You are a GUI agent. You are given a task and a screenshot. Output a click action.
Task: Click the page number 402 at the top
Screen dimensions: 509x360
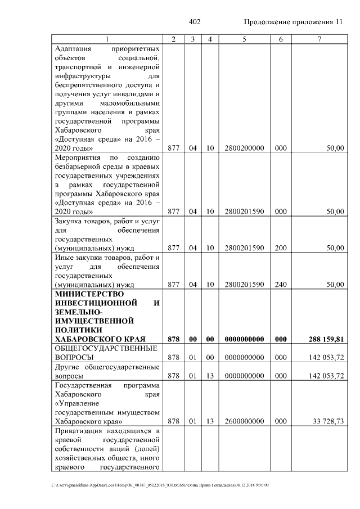tap(195, 22)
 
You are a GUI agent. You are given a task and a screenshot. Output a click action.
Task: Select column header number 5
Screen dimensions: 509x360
tap(244, 39)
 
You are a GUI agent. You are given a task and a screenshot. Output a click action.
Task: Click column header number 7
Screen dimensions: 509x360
tap(319, 39)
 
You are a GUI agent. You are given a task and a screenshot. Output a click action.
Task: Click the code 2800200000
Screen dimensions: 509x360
tap(244, 148)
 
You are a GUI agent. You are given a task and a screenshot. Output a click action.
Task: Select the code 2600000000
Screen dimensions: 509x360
tap(244, 421)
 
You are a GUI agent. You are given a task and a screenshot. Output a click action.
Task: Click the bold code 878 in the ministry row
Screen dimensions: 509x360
tap(173, 339)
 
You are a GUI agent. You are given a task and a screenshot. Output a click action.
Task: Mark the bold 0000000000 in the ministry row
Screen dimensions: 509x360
tap(244, 339)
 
